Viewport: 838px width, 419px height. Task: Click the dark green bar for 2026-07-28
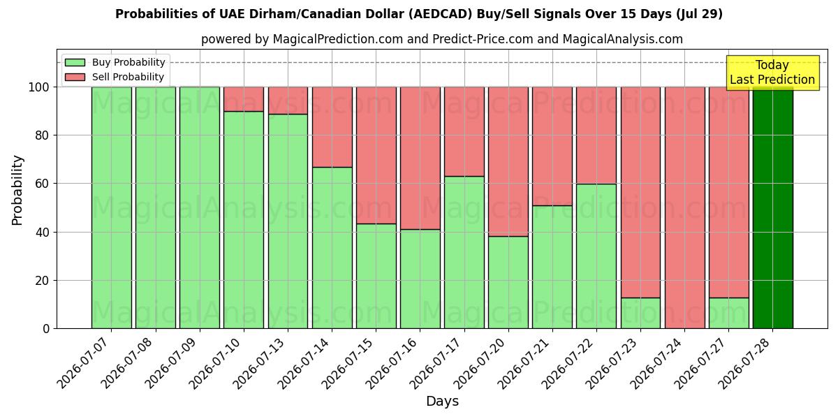[773, 207]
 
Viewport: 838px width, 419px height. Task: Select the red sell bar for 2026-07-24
[685, 207]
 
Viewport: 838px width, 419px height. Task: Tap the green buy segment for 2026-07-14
[332, 248]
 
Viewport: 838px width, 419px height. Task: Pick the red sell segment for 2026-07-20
[508, 161]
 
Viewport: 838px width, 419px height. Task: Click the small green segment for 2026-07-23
[641, 314]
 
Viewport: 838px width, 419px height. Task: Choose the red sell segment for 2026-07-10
[244, 99]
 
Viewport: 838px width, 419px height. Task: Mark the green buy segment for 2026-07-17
[464, 253]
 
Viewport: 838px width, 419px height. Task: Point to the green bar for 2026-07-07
[112, 207]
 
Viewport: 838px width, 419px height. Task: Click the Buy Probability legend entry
[115, 62]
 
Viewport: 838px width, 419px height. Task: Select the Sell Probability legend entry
[115, 77]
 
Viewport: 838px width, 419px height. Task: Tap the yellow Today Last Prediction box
[773, 73]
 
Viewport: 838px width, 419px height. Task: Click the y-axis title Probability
[17, 191]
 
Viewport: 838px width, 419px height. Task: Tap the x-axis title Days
[442, 402]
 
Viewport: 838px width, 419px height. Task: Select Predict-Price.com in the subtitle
[483, 39]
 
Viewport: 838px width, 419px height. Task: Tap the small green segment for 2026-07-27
[729, 314]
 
